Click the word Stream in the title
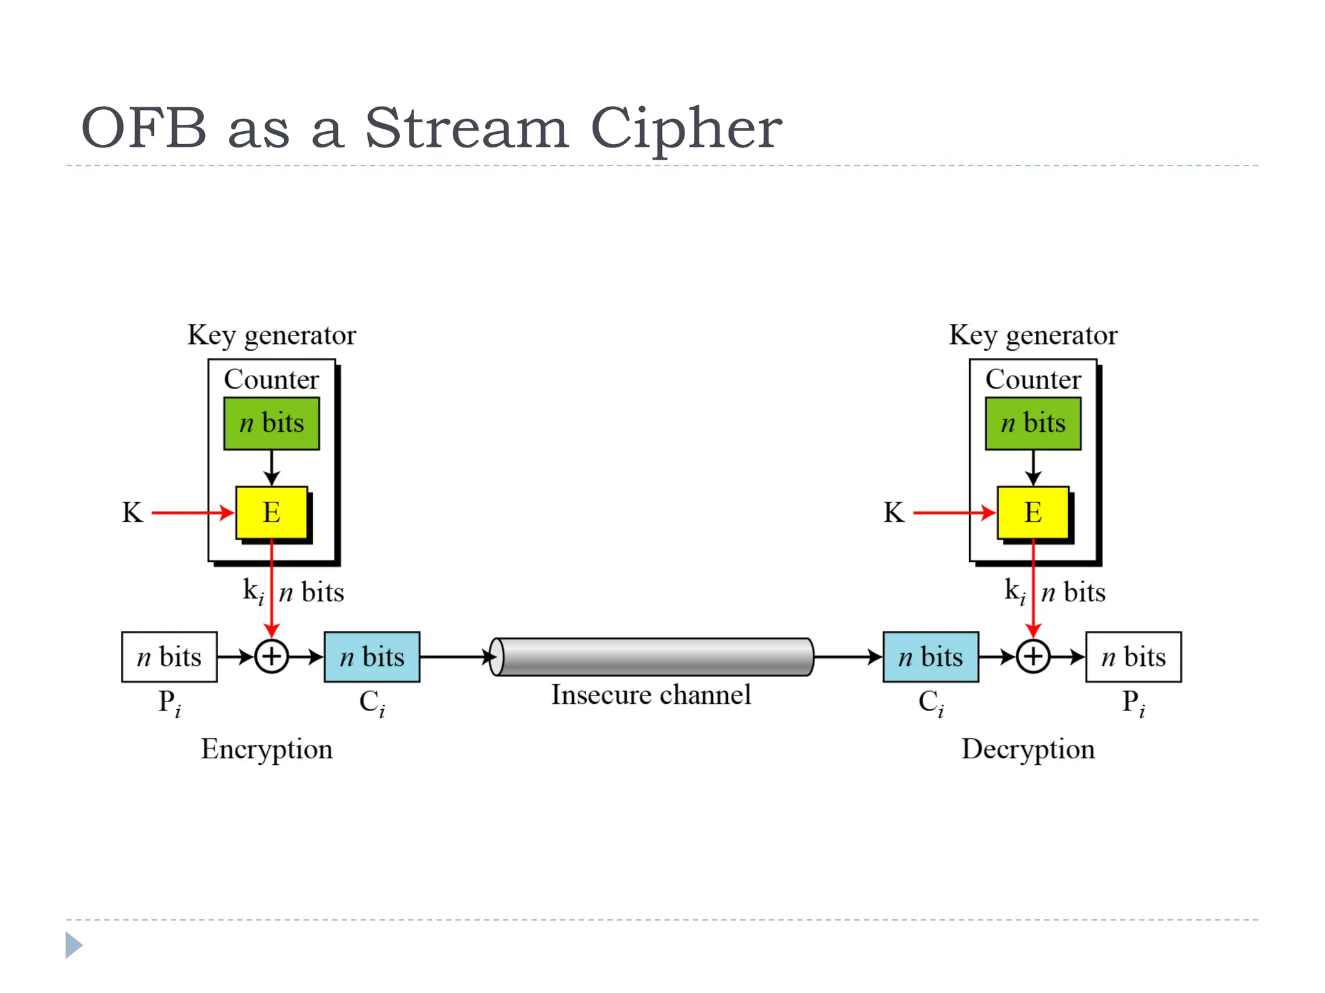tap(466, 128)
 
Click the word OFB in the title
tap(144, 128)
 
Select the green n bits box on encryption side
tap(271, 423)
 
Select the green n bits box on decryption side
tap(1033, 423)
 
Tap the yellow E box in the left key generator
tap(271, 513)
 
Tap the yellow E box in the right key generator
tap(1033, 513)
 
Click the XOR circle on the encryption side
tap(271, 657)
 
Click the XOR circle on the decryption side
tap(1033, 657)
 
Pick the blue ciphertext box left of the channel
tap(372, 657)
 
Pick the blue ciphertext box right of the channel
tap(930, 657)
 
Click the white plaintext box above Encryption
tap(170, 657)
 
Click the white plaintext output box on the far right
tap(1133, 657)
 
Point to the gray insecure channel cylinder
tap(652, 657)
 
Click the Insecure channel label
tap(651, 695)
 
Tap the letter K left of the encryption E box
tap(132, 513)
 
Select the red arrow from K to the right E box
tap(951, 513)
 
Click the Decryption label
tap(1028, 749)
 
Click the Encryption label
tap(267, 749)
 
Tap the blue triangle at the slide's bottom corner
tap(73, 945)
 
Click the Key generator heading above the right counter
tap(1033, 335)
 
